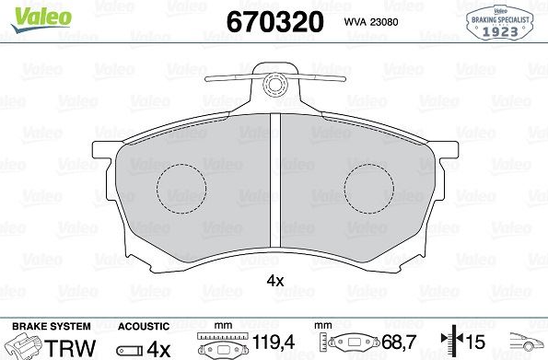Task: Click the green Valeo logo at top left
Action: coord(41,19)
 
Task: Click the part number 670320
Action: coord(275,22)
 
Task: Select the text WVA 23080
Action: coord(371,22)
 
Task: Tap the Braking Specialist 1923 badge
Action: coord(500,23)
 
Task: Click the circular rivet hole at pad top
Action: coord(275,84)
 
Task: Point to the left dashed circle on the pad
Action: coord(181,189)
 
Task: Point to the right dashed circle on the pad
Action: coord(369,189)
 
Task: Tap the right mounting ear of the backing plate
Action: coord(447,149)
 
